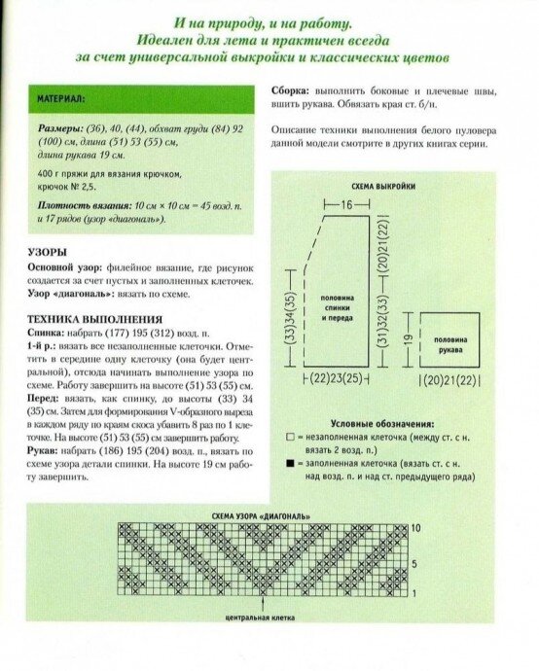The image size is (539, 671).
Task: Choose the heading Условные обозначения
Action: (x=382, y=424)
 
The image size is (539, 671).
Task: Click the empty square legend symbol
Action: (x=290, y=440)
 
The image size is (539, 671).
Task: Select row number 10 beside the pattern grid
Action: (x=417, y=526)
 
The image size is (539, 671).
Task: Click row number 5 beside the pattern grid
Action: (x=415, y=563)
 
